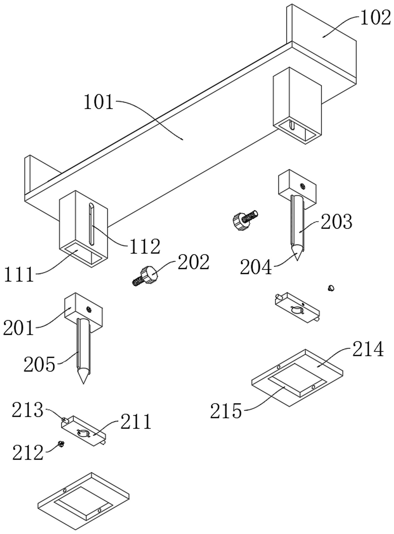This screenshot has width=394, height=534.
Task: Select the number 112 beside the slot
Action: coord(145,246)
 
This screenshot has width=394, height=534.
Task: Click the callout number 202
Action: coord(194,262)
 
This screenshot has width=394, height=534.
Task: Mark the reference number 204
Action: coord(256,267)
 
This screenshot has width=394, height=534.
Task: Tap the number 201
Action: coord(19,328)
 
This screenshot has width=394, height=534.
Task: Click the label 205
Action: coord(39,364)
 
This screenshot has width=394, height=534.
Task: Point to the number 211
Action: coord(136,422)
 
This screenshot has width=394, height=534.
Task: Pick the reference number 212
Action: coord(27,452)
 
